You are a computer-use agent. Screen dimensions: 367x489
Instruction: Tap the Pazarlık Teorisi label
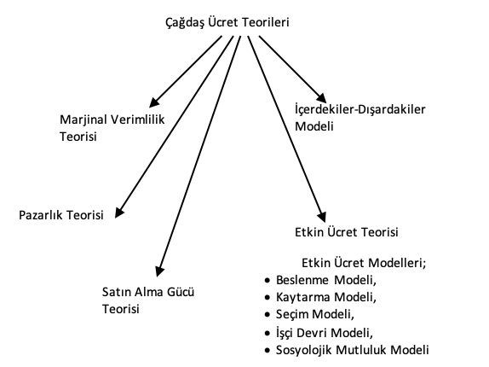click(60, 214)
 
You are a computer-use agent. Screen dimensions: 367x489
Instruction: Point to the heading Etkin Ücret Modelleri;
click(363, 264)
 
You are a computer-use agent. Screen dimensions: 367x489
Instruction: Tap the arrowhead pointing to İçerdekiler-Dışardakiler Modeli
click(320, 99)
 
